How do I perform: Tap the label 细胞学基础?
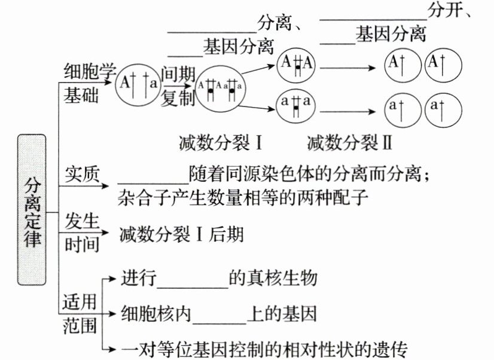pyautogui.click(x=89, y=84)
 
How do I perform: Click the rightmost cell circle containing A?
pyautogui.click(x=443, y=64)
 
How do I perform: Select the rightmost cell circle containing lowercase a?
pyautogui.click(x=443, y=109)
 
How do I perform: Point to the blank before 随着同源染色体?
pyautogui.click(x=153, y=178)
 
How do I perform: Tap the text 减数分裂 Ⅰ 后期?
pyautogui.click(x=181, y=234)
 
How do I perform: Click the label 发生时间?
pyautogui.click(x=82, y=233)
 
